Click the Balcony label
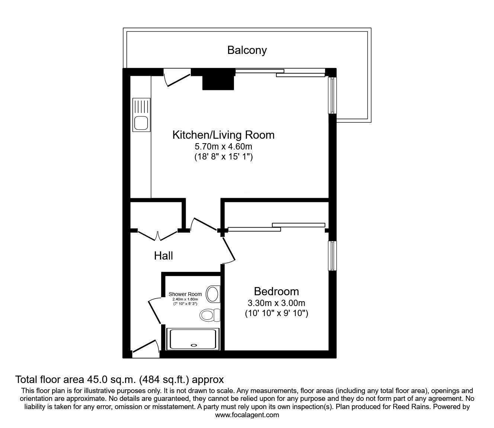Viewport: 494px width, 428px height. [x=247, y=50]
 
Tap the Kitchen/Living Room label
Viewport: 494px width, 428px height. [x=223, y=135]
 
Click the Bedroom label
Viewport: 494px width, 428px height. [x=276, y=291]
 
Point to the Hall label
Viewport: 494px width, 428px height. [x=164, y=256]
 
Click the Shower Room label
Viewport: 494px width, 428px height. [x=185, y=294]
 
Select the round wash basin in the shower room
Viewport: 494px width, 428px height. [x=213, y=294]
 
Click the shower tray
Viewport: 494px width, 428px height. [x=192, y=339]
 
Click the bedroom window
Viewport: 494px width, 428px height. [x=332, y=256]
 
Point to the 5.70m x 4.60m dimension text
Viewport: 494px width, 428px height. [x=223, y=147]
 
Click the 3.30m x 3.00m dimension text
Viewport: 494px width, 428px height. [x=276, y=303]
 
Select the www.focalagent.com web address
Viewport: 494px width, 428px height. [x=247, y=415]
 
